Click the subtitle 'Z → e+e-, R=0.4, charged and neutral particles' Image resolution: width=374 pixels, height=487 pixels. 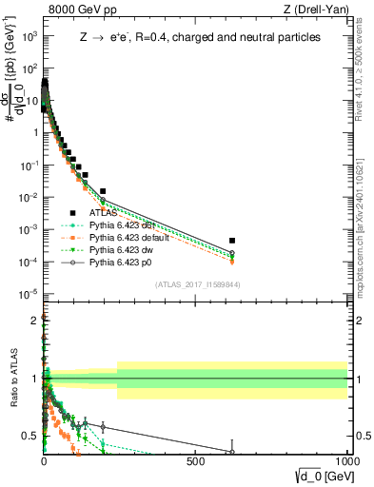click(x=200, y=38)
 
